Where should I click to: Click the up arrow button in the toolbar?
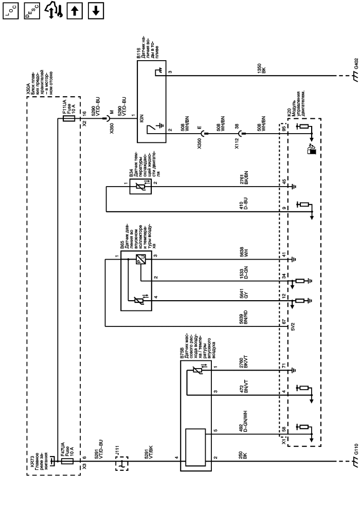coord(75,11)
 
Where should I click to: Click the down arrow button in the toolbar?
coord(96,11)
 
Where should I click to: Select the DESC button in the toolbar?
coord(32,11)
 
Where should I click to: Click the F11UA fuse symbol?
coord(68,118)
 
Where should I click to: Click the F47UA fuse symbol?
coord(67,461)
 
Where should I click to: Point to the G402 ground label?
coord(356,65)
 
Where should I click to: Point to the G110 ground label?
coord(356,449)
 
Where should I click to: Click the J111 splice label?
coord(118,450)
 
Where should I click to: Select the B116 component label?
coord(138,53)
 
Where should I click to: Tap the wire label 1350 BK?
coord(262,68)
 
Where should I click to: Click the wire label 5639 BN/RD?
coord(244,318)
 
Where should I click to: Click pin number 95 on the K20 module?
coord(284,129)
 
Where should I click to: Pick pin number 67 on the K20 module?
coord(284,322)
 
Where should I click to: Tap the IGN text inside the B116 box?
coord(141,118)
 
